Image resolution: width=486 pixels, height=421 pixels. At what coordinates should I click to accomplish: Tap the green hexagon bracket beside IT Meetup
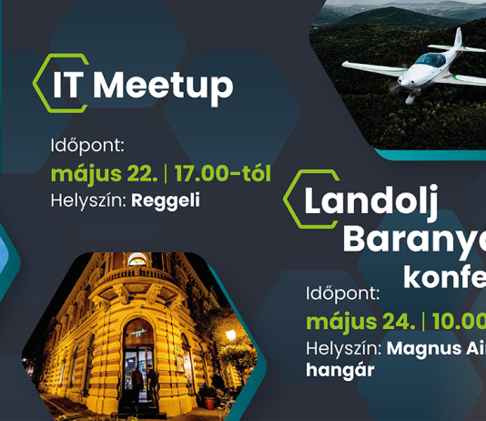click(40, 83)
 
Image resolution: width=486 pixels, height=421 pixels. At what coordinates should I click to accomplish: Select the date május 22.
click(102, 173)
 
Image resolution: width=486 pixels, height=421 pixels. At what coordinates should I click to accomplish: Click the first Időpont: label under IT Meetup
click(86, 145)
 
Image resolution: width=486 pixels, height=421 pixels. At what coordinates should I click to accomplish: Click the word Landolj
click(370, 202)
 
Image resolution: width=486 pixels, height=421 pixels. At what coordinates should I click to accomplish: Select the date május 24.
click(360, 322)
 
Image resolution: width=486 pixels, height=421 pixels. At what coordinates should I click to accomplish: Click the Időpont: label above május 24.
click(340, 294)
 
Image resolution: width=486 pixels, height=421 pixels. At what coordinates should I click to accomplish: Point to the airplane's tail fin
click(460, 38)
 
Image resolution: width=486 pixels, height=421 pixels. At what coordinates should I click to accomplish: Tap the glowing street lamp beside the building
click(230, 334)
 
